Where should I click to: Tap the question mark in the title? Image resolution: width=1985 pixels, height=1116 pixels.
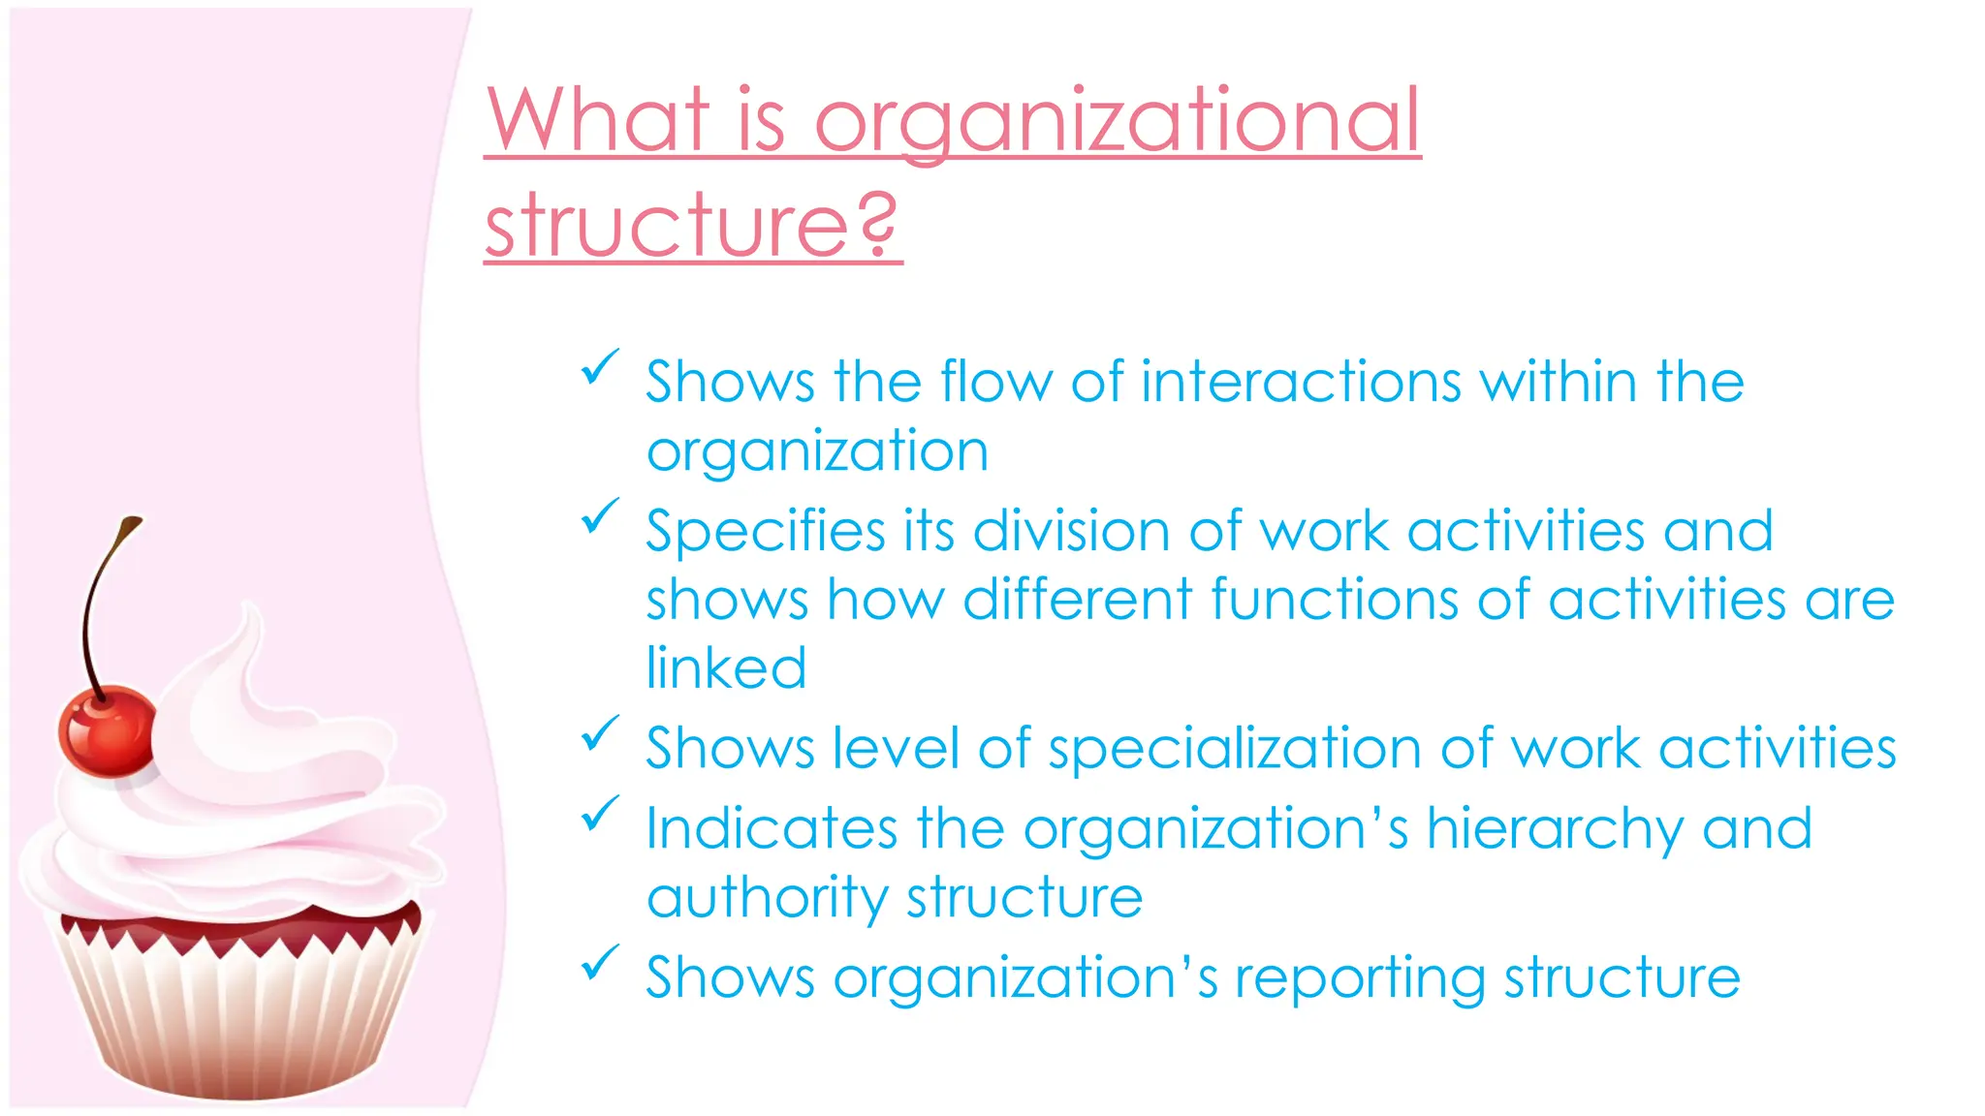pyautogui.click(x=877, y=225)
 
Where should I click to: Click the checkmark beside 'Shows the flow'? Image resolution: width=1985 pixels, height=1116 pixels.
pyautogui.click(x=600, y=368)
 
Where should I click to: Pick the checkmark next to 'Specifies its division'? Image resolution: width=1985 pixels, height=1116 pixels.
pyautogui.click(x=600, y=516)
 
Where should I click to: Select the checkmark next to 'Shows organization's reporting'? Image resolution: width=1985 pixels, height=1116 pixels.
pyautogui.click(x=600, y=962)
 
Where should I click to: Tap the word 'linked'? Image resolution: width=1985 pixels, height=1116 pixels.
pyautogui.click(x=726, y=668)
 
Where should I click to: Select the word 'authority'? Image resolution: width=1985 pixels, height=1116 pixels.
pyautogui.click(x=767, y=898)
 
